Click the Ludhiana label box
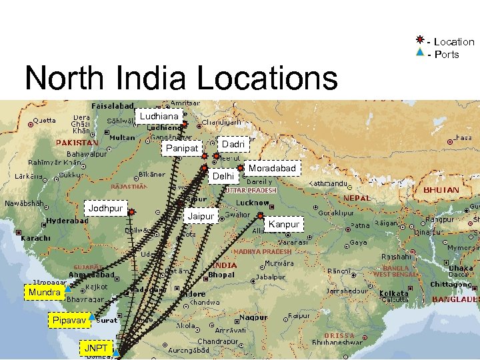tap(158, 117)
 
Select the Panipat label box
tap(181, 148)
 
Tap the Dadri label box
tap(233, 144)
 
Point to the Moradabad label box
tap(272, 169)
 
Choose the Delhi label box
tap(223, 177)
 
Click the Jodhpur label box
tap(106, 209)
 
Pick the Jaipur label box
tap(201, 217)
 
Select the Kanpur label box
tap(284, 225)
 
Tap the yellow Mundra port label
tap(45, 292)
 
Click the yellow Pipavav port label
tap(69, 321)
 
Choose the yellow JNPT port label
tap(95, 348)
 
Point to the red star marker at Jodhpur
tap(132, 212)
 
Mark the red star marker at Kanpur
tap(261, 215)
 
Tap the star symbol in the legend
tap(419, 41)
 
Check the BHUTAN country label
tap(441, 190)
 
